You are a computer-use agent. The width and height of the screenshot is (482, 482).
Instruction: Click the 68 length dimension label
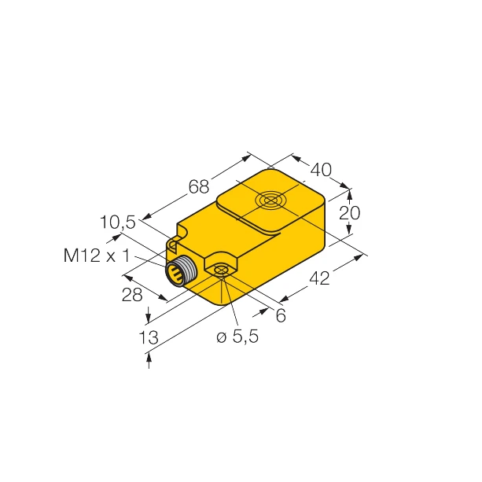[198, 187]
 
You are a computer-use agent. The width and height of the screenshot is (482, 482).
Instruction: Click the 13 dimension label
[147, 337]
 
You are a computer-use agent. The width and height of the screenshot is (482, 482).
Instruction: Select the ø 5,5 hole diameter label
[237, 337]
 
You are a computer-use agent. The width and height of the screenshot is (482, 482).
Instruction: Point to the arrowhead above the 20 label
[350, 191]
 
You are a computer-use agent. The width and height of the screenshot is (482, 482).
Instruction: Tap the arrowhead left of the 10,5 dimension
[119, 236]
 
